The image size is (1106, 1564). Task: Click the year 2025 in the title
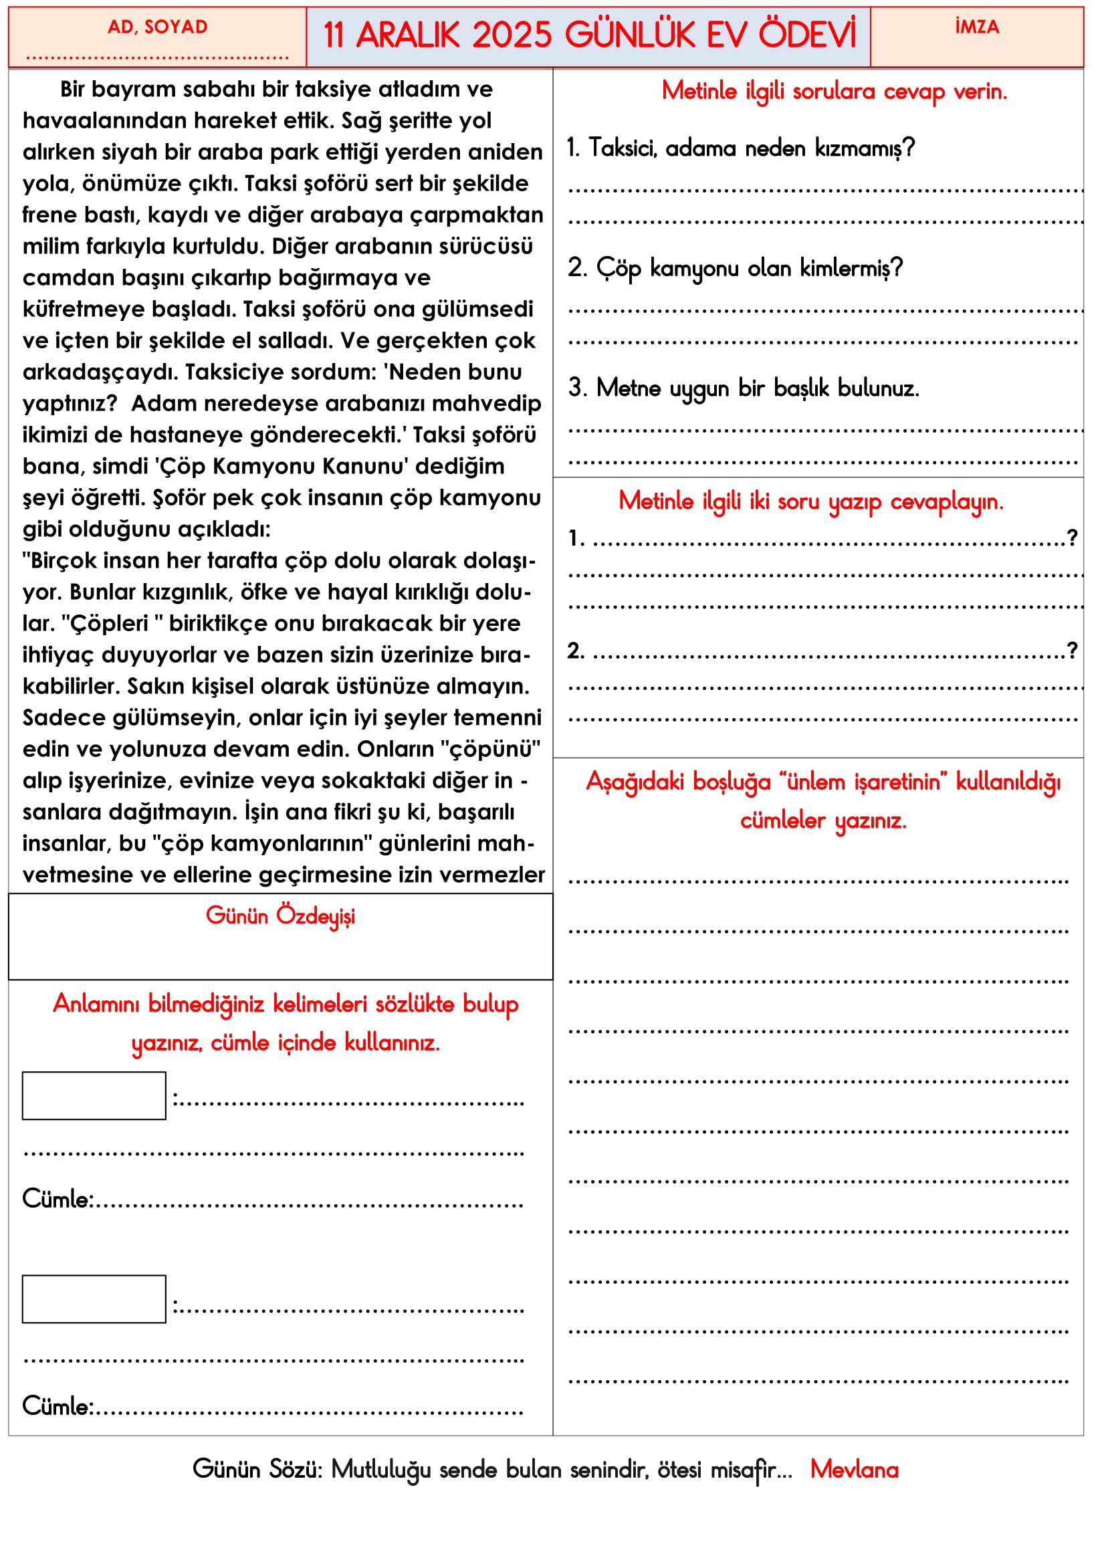(512, 35)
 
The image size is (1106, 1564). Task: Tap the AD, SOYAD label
(157, 27)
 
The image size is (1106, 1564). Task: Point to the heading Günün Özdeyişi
(281, 916)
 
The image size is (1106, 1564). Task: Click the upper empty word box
(94, 1095)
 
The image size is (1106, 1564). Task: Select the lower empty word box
(94, 1299)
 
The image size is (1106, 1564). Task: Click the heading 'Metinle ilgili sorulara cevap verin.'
(835, 92)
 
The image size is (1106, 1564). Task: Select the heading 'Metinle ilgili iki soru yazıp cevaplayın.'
(810, 501)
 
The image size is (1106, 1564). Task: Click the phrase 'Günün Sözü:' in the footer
(257, 1469)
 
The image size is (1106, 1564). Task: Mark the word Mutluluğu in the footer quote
(381, 1469)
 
